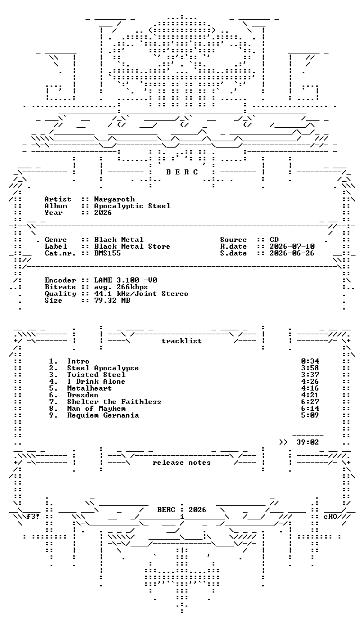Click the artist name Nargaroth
point(115,199)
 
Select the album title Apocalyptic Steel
point(133,206)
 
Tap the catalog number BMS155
point(107,253)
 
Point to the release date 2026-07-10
point(292,246)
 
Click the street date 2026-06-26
point(292,253)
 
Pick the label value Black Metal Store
point(132,246)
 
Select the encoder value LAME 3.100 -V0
point(125,280)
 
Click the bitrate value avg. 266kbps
point(121,287)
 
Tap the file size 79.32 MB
point(112,300)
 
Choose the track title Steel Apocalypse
point(103,368)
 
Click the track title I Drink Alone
point(96,382)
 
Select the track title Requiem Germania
point(103,415)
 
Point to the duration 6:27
point(310,402)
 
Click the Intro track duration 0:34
point(310,361)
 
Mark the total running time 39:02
point(308,442)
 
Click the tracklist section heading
point(182,341)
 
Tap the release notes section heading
point(182,463)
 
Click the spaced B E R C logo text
point(182,172)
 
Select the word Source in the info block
point(233,240)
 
